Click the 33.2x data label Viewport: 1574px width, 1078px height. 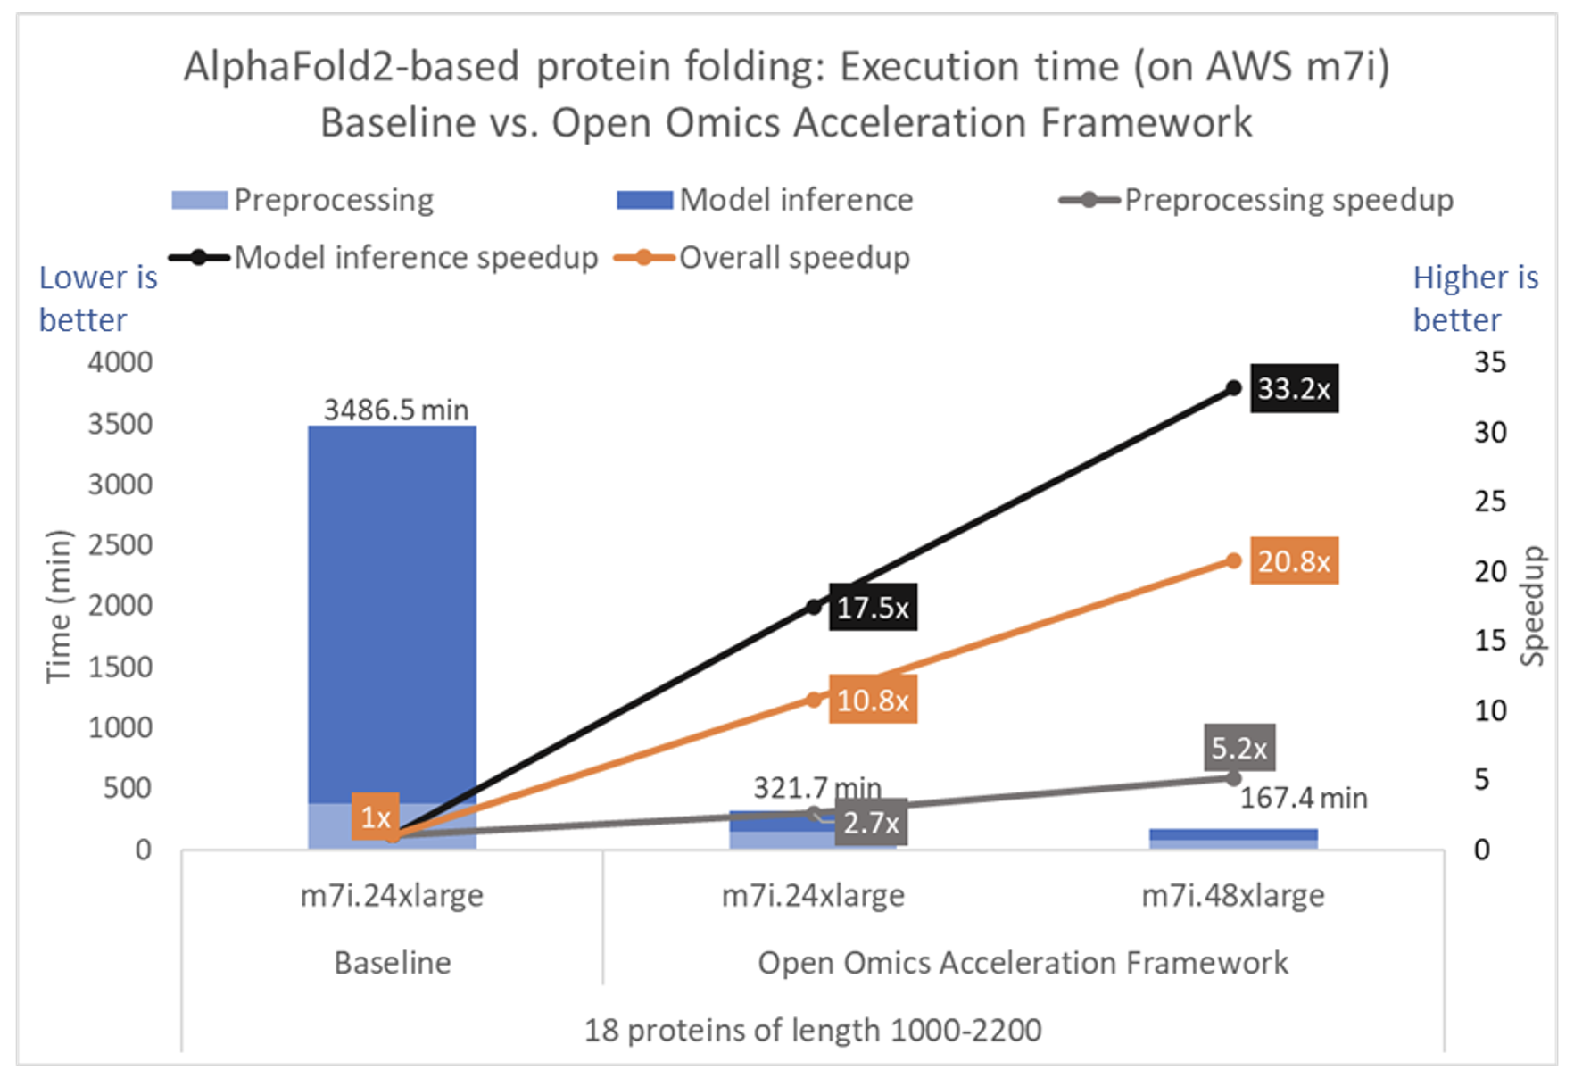[x=1293, y=388]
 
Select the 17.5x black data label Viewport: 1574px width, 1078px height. [x=873, y=608]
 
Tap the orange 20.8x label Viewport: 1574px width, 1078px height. [x=1293, y=561]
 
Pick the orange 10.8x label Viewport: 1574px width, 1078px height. [x=873, y=700]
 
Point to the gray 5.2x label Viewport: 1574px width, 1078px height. [x=1238, y=748]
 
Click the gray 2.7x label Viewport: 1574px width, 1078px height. [x=871, y=822]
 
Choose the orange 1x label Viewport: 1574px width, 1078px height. [x=375, y=817]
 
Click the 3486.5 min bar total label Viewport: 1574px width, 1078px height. [x=395, y=410]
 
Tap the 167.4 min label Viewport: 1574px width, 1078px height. [x=1303, y=797]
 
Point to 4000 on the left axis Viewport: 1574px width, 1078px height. [x=120, y=362]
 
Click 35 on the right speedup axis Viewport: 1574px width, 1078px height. [x=1489, y=362]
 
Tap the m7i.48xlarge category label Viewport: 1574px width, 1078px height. [x=1232, y=895]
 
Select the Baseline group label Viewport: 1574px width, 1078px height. [x=393, y=963]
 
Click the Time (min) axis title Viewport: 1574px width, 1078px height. [x=58, y=606]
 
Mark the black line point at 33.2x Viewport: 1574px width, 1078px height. [x=1233, y=388]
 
